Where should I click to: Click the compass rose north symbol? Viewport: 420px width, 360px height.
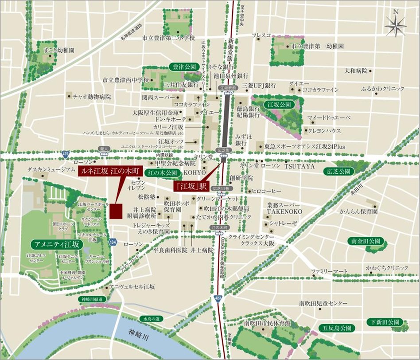click(396, 25)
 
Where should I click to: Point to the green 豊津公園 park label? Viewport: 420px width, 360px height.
click(182, 67)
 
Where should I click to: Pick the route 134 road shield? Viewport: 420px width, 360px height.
click(113, 242)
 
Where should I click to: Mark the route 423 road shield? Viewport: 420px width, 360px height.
click(217, 297)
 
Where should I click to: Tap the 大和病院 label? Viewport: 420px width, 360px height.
click(356, 70)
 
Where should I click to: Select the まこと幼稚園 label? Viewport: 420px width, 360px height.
click(58, 51)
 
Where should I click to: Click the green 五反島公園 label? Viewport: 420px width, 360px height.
click(337, 328)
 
